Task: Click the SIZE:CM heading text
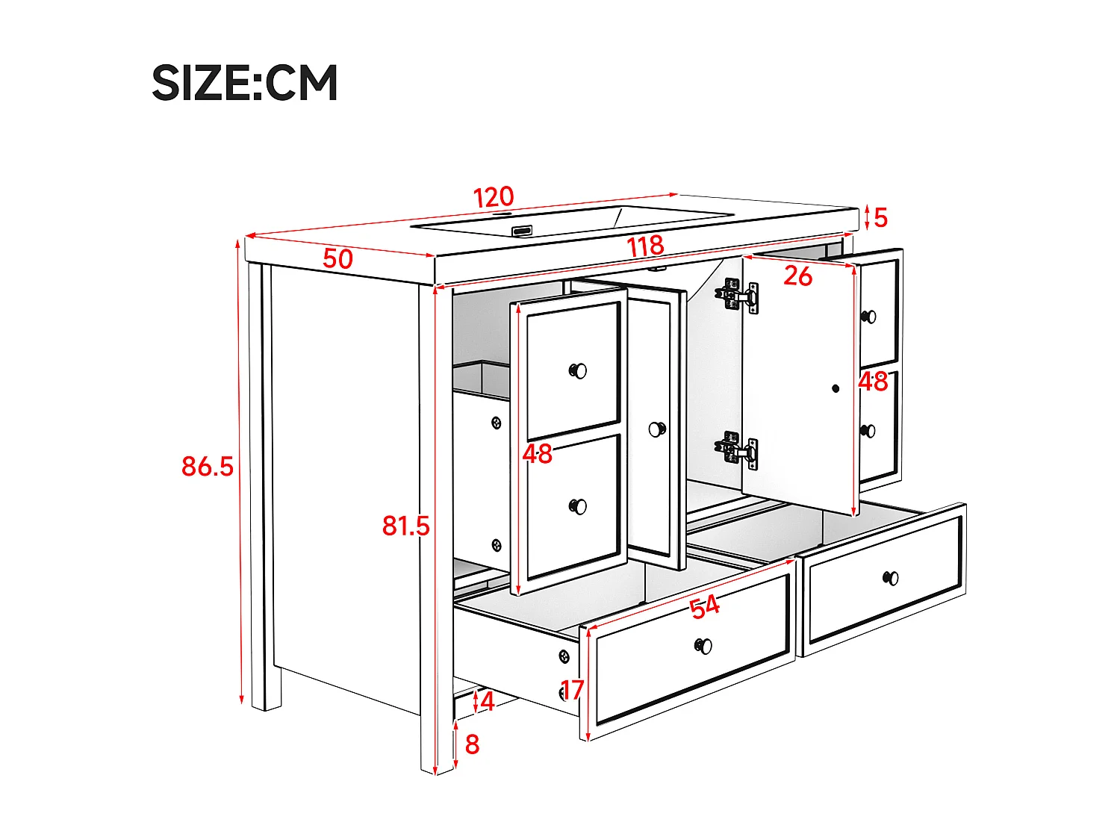[245, 82]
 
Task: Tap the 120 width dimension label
[494, 197]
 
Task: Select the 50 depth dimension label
[337, 259]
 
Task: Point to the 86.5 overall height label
[208, 466]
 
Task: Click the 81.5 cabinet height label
[405, 526]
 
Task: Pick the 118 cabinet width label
[645, 246]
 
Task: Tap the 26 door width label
[797, 276]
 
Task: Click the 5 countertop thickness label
[880, 217]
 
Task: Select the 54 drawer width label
[704, 606]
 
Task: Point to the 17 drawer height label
[572, 690]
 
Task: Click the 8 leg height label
[472, 744]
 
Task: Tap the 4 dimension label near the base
[487, 701]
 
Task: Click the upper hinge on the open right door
[738, 296]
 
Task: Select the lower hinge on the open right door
[738, 451]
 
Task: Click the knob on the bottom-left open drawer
[703, 646]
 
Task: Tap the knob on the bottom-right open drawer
[891, 578]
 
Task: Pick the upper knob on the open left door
[578, 370]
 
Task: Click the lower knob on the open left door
[578, 506]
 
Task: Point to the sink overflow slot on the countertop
[523, 230]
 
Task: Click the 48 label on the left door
[538, 453]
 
